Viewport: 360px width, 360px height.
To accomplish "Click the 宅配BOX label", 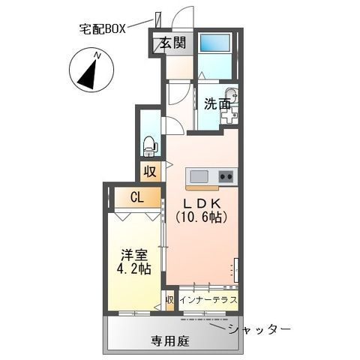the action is (x=102, y=29).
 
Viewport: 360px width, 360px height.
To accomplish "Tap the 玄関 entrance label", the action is (x=172, y=43).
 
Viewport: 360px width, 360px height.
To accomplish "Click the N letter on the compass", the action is (x=97, y=56).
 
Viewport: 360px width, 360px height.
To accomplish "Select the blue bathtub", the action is (x=215, y=43).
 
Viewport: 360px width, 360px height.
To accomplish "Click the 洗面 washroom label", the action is (x=217, y=104).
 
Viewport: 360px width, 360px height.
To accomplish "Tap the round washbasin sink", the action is (x=232, y=96).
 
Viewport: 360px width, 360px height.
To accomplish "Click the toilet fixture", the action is (x=149, y=146).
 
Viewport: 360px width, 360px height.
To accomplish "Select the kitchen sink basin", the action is (x=199, y=177).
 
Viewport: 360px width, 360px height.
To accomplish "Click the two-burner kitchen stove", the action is (x=226, y=177).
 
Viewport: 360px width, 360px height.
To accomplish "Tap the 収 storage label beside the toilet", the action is (x=150, y=172).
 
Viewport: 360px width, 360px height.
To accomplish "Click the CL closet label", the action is (x=137, y=198).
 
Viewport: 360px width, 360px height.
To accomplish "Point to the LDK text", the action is (x=202, y=203).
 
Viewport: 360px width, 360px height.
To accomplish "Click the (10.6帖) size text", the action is (x=201, y=217).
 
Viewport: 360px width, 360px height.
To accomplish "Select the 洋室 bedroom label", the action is (x=134, y=256).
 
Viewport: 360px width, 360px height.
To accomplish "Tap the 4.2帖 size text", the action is (x=133, y=268).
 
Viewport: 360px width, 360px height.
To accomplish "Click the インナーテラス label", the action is (x=208, y=299).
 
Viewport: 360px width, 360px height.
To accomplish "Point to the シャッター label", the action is (x=259, y=328).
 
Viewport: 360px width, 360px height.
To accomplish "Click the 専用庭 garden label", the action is (x=170, y=341).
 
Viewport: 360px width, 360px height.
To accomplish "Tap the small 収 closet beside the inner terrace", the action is (x=169, y=300).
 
